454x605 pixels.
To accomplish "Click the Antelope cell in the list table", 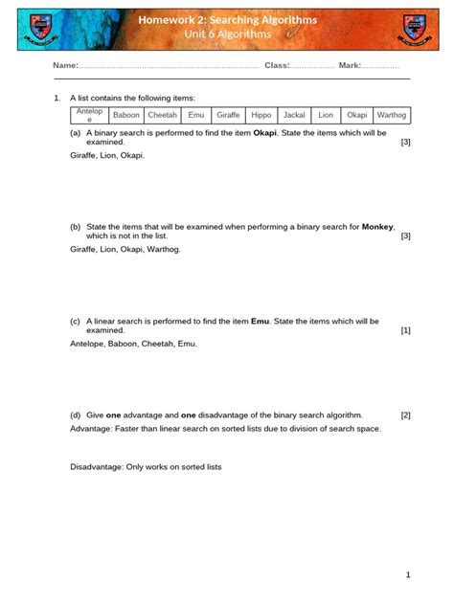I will click(x=89, y=115).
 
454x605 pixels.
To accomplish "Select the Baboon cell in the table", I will click(x=126, y=115).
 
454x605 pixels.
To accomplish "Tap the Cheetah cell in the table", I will click(x=162, y=115).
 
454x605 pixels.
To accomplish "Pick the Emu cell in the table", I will click(x=196, y=115).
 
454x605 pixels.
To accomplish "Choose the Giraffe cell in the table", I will click(x=228, y=115).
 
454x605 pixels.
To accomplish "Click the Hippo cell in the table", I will click(x=261, y=115).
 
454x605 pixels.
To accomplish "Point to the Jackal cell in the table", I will click(x=294, y=115).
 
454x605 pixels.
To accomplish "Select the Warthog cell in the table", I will click(x=392, y=115).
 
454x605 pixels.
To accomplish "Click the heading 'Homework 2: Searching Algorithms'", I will click(x=227, y=19).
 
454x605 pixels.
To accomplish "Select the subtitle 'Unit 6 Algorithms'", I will click(x=227, y=35).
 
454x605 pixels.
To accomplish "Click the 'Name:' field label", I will click(x=64, y=65).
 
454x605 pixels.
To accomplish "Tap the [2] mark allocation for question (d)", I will click(x=405, y=415).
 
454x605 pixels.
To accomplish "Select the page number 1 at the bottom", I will click(x=407, y=574).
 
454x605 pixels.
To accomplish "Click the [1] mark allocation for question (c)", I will click(x=405, y=330).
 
